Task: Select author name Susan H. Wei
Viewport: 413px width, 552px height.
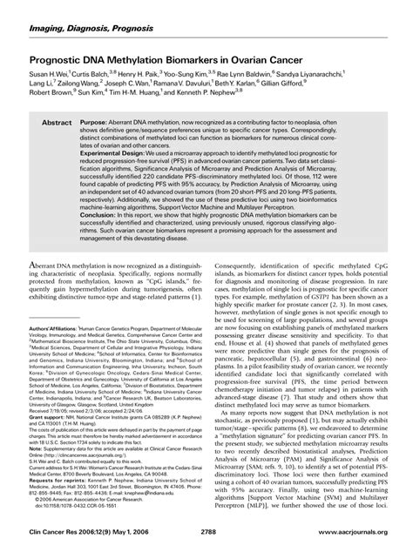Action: (51, 77)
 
